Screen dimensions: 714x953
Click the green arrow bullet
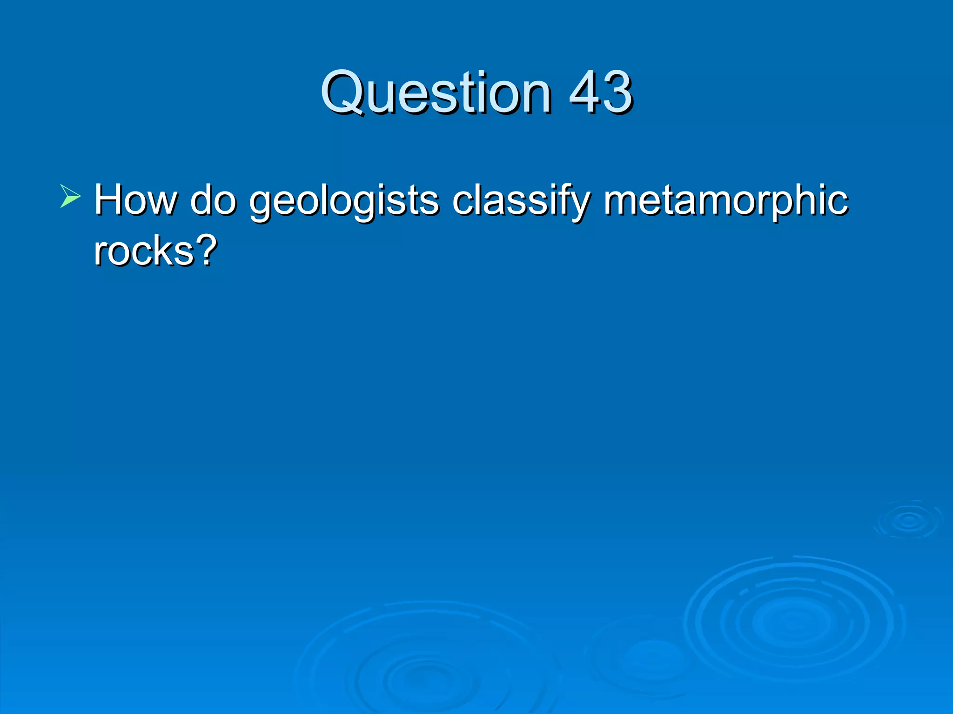70,196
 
